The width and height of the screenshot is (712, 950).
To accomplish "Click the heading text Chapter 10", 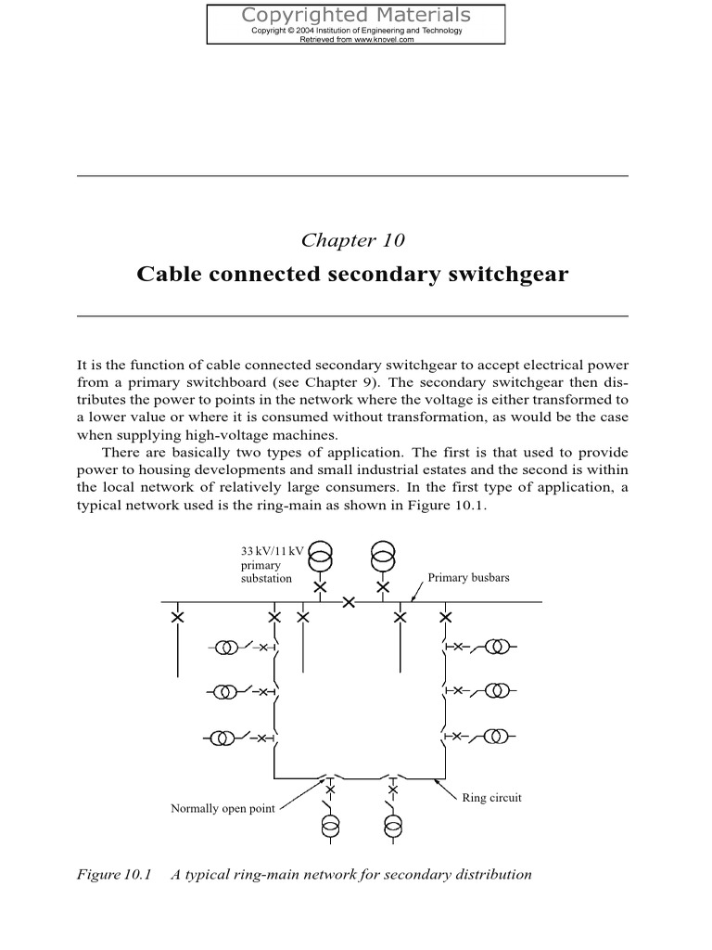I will pos(353,240).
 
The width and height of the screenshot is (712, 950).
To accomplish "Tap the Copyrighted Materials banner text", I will pos(356,15).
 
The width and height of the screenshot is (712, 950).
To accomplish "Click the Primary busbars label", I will pos(468,577).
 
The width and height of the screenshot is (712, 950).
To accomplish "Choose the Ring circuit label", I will pos(491,798).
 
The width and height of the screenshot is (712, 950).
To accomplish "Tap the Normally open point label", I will pos(222,808).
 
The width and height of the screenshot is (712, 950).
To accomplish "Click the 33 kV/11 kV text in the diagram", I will pos(272,550).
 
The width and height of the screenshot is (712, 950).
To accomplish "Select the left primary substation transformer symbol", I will pos(320,558).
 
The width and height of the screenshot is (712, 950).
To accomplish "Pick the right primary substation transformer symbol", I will pos(382,558).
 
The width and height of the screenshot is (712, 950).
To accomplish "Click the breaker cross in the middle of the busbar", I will pos(349,602).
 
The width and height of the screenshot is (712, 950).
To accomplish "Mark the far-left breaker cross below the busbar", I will pos(176,617).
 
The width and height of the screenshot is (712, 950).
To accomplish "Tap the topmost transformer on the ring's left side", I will pos(226,647).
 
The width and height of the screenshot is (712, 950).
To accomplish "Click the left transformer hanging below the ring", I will pos(330,827).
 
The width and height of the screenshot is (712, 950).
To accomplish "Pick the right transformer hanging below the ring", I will pos(393,827).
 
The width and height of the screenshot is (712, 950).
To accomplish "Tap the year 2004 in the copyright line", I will pos(305,31).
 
